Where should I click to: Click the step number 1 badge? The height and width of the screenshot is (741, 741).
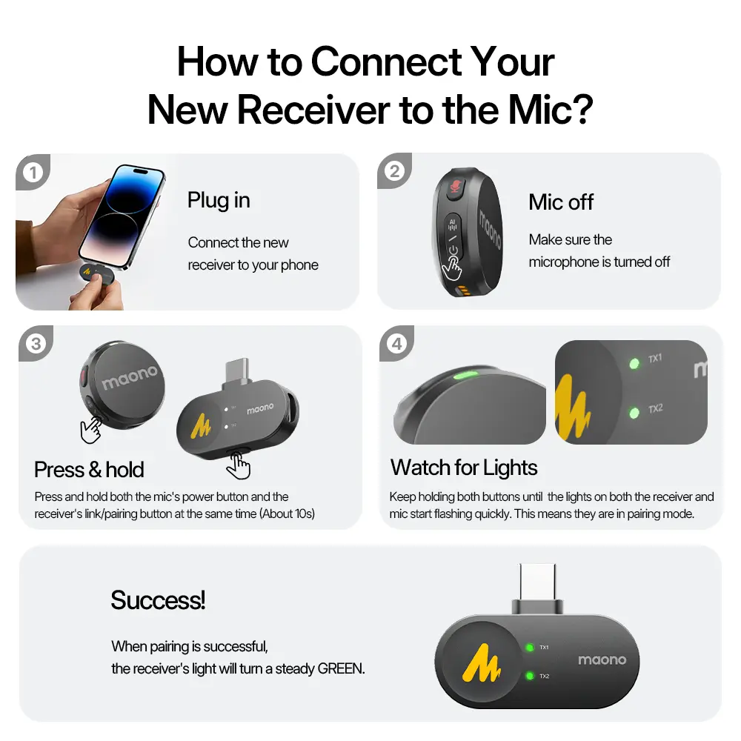pos(33,173)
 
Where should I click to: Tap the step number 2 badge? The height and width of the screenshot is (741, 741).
pos(394,171)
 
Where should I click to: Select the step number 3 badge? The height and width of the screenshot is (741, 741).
pos(36,344)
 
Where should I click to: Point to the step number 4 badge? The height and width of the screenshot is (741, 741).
pos(397,344)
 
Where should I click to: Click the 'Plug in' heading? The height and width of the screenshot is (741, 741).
pos(219,200)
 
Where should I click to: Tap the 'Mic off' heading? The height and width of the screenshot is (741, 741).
pos(561,202)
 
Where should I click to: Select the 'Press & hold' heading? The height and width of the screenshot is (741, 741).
pos(89,470)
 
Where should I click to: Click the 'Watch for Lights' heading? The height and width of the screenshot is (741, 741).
pos(464,468)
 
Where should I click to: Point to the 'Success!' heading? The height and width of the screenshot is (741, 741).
pos(158,600)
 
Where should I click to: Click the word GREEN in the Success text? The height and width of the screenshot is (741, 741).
pos(341,668)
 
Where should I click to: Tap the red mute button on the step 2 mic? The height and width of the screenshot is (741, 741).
pos(456,187)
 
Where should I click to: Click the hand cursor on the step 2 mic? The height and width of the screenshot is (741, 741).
pos(451,268)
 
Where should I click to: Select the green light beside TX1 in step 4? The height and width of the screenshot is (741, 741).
pos(634,363)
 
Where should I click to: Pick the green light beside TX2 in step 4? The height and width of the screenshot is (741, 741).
pos(634,413)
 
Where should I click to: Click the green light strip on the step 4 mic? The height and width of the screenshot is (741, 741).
pos(465,376)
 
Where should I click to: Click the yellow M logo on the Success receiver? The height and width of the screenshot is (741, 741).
pos(482,663)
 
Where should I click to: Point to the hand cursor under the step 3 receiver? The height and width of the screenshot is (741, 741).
pos(238,465)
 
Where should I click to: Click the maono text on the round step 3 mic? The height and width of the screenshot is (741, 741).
pos(130,377)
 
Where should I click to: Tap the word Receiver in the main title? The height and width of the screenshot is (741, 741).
pos(313,110)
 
